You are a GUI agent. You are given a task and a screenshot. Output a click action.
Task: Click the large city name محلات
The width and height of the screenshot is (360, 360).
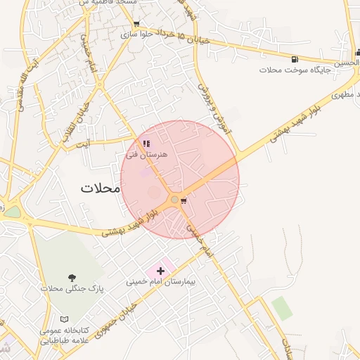[x=101, y=188]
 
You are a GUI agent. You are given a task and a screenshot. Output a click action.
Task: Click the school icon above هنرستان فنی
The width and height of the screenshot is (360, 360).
[x=146, y=143]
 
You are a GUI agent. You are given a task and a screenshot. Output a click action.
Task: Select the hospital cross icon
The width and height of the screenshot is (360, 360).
[x=160, y=270]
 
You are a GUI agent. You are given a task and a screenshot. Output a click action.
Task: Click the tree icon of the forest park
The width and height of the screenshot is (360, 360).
[x=72, y=277]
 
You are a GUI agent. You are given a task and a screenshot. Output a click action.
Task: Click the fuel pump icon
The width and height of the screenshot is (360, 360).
[x=294, y=58]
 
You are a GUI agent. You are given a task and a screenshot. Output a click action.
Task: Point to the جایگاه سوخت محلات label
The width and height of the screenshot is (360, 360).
[x=290, y=70]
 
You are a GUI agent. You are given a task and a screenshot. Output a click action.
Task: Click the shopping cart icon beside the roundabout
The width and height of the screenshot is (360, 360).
[x=184, y=201]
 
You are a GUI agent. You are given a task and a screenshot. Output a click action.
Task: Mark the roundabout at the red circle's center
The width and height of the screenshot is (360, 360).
[x=174, y=200]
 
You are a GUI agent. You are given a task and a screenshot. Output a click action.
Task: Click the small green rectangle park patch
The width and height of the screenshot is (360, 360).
[x=281, y=308]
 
